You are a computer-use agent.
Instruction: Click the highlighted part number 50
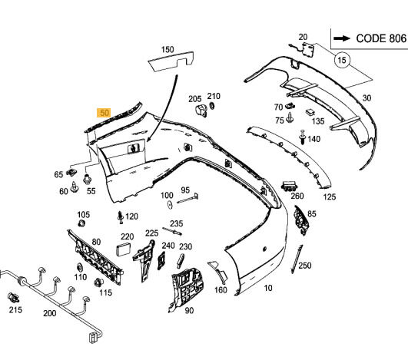(x=104, y=113)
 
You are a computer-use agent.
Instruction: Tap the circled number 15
(x=342, y=60)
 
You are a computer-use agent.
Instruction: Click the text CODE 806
(x=381, y=38)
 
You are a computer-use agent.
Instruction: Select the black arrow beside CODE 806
(x=342, y=38)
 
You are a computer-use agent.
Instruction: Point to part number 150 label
(x=168, y=49)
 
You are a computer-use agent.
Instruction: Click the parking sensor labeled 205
(x=201, y=111)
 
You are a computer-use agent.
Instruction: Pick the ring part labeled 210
(x=212, y=105)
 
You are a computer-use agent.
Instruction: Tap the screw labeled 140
(x=303, y=137)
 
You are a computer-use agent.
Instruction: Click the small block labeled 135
(x=310, y=112)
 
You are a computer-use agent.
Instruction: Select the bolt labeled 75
(x=290, y=117)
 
